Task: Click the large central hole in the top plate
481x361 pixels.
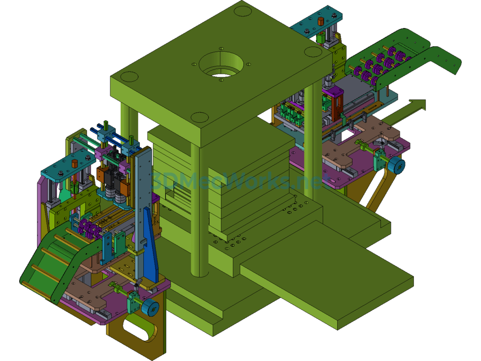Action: click(x=221, y=65)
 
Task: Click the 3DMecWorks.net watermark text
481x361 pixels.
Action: click(x=236, y=181)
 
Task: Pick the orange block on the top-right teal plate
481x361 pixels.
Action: click(x=321, y=22)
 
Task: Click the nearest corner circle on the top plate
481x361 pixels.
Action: click(x=200, y=117)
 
